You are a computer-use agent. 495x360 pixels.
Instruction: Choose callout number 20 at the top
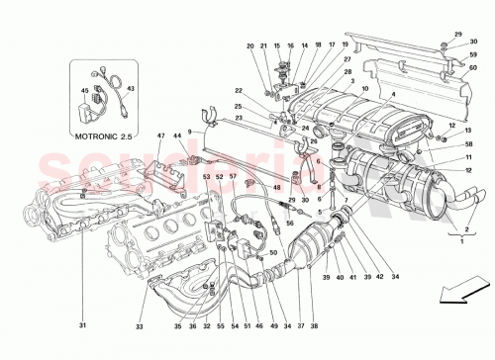coord(250,46)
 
